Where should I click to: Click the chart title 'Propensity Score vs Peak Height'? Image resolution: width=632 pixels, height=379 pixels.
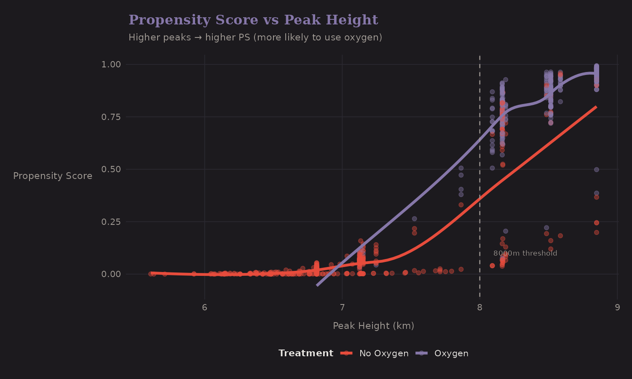click(253, 20)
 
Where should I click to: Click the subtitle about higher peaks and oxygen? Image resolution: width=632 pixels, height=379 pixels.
click(255, 37)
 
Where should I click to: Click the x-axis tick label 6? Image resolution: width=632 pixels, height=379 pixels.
click(205, 307)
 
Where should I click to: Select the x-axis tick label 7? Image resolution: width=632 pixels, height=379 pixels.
click(342, 307)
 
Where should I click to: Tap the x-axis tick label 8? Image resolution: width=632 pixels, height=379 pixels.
click(479, 307)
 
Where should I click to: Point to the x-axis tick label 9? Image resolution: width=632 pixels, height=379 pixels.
click(617, 307)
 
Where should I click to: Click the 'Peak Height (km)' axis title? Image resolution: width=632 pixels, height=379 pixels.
click(373, 326)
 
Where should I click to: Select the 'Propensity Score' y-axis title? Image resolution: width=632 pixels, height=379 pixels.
click(53, 176)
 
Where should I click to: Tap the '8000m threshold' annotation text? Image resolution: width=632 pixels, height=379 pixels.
click(525, 253)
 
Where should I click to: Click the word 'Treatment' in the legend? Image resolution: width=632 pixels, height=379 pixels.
click(305, 353)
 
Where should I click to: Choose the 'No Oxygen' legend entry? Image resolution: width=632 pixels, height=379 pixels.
click(383, 353)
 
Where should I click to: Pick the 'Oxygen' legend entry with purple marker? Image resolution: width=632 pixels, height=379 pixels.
click(451, 353)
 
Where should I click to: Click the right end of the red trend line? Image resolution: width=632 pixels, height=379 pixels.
click(596, 107)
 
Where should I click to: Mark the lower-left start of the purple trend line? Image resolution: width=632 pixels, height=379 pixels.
click(317, 286)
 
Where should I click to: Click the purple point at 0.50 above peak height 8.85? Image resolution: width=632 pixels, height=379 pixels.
click(596, 170)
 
